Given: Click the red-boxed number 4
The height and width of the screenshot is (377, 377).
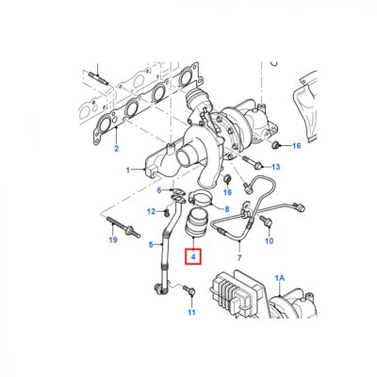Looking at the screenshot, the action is coord(193,256).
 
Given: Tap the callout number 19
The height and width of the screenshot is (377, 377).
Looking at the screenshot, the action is coord(113,240).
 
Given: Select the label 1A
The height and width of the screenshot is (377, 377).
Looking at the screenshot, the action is coord(280,278).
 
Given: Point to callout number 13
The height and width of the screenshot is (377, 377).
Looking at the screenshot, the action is coord(275,167).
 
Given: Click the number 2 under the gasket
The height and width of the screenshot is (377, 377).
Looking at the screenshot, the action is coord(117,148).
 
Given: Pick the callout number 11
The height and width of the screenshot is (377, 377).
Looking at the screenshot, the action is coord(191,312).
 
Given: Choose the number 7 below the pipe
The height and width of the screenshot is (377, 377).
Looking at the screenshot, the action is coord(239,258).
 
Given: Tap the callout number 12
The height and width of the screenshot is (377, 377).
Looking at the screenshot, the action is coord(152,211).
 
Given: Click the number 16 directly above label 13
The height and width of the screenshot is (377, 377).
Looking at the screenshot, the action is coord(296,146).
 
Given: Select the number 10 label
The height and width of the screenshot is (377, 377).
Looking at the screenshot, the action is coord(270,240).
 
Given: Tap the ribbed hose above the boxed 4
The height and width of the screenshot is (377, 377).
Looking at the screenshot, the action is coord(195,222).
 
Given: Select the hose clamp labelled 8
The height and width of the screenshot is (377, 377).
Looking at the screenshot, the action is coord(201,200).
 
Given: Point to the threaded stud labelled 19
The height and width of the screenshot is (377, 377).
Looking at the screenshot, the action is coord(123,227).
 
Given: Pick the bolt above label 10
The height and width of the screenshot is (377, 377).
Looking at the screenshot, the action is coord(266,221).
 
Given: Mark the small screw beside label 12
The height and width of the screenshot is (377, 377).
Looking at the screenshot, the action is coord(168,213).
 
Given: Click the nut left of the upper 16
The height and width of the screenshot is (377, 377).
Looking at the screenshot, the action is coord(275,145).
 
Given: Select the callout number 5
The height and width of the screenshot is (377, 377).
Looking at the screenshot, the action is coord(151,244).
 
